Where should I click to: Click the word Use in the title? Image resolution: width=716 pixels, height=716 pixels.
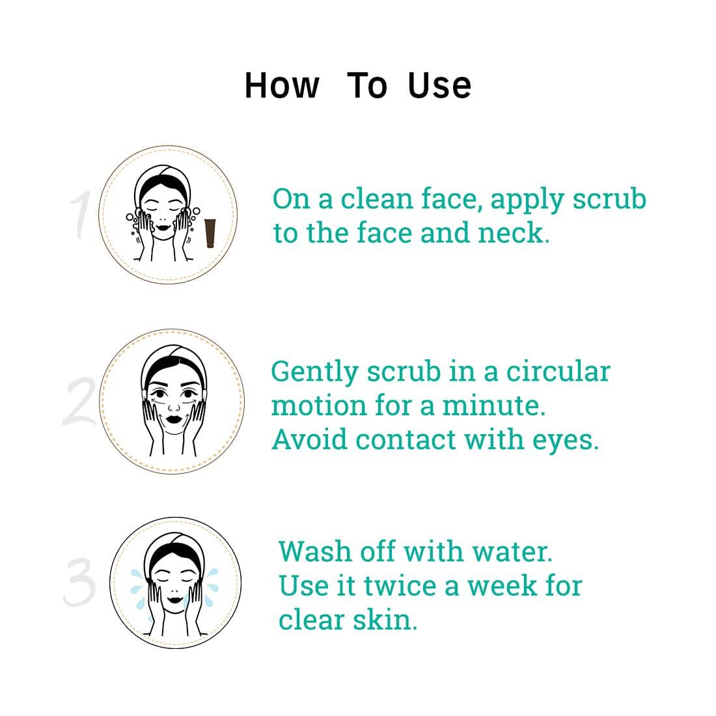tap(439, 85)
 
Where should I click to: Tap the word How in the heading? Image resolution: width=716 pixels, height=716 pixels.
tap(282, 85)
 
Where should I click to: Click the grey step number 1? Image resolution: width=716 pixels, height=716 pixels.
tap(82, 215)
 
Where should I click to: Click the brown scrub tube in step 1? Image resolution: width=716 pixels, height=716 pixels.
tap(210, 233)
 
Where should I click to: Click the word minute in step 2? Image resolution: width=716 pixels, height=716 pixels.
tap(493, 406)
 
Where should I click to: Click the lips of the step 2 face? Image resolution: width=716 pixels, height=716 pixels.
tap(174, 419)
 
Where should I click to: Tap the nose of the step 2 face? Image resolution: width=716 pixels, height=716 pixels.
tap(174, 406)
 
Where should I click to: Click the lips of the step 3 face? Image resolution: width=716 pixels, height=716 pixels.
tap(174, 599)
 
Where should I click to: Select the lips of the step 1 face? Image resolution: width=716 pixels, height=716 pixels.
tap(163, 227)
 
